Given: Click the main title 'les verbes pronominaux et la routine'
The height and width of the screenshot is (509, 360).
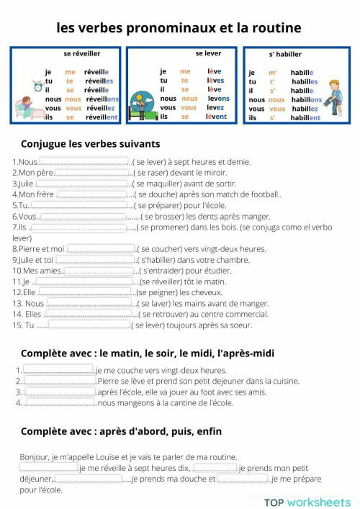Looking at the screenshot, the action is point(179,28).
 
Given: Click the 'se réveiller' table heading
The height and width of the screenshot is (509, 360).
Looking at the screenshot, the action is point(82,53).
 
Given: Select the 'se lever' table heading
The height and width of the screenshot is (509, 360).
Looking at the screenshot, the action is point(208,53).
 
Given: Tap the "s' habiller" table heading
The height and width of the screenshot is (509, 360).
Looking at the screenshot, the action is point(285,54).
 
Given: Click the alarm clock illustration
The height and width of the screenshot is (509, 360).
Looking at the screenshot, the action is point(37,85).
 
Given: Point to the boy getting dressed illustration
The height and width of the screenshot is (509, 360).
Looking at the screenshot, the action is point(334,93).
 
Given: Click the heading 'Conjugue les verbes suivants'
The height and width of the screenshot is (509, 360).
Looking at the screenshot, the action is point(91,143).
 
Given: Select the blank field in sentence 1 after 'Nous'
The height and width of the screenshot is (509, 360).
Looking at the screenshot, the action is point(84,162).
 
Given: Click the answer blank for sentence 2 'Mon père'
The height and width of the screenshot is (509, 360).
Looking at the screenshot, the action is point(92,173).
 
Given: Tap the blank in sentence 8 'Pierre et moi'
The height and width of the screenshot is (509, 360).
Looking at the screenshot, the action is point(101,249).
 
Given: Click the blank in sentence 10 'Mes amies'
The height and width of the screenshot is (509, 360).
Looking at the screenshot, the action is point(100,271).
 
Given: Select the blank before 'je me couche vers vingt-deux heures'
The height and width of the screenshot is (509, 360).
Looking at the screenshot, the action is point(59,370).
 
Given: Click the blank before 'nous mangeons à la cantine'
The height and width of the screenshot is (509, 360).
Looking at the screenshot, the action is point(60,402).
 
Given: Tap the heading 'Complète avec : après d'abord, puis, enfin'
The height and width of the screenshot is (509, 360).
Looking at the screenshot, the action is point(121,431).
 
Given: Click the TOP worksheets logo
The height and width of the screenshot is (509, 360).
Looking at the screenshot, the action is point(307,502).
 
